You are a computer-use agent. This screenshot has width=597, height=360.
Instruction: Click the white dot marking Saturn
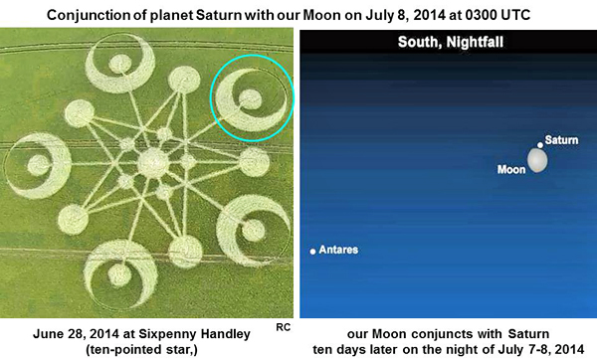pyautogui.click(x=540, y=145)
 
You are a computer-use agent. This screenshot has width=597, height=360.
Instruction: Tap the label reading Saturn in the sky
pyautogui.click(x=561, y=140)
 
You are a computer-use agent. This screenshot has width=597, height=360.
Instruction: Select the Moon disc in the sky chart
pyautogui.click(x=537, y=160)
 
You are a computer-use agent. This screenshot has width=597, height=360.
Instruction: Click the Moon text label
pyautogui.click(x=511, y=169)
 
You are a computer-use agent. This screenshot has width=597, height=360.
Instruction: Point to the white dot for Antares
pyautogui.click(x=312, y=252)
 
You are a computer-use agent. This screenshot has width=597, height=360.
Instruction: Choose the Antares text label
pyautogui.click(x=338, y=250)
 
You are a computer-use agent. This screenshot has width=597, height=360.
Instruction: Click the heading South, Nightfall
pyautogui.click(x=451, y=42)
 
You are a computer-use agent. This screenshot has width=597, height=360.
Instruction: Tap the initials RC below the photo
pyautogui.click(x=283, y=327)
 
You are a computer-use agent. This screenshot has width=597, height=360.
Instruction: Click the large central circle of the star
pyautogui.click(x=152, y=163)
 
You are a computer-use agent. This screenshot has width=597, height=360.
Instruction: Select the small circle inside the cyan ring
pyautogui.click(x=250, y=99)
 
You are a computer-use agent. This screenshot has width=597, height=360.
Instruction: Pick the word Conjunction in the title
pyautogui.click(x=88, y=15)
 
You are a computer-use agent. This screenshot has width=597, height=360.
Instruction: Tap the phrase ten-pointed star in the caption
pyautogui.click(x=141, y=349)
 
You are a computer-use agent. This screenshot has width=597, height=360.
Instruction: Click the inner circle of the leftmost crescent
pyautogui.click(x=38, y=165)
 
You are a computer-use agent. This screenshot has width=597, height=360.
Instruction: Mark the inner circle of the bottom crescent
pyautogui.click(x=119, y=275)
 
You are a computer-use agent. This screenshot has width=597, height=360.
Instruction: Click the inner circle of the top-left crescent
pyautogui.click(x=120, y=64)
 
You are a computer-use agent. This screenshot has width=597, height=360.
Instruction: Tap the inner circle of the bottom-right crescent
pyautogui.click(x=253, y=231)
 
